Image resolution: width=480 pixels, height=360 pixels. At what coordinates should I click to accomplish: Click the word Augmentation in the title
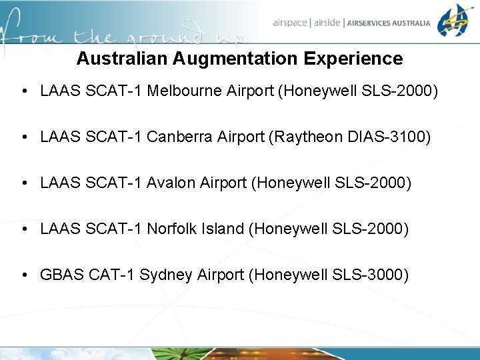click(x=236, y=59)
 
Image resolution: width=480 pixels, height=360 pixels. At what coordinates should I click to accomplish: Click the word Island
click(x=223, y=229)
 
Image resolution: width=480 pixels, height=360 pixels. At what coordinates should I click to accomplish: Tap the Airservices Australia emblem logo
click(x=456, y=21)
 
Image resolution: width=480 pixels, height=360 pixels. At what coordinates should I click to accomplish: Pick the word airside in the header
click(x=327, y=23)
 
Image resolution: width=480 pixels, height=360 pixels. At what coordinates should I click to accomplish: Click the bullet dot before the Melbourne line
click(x=24, y=91)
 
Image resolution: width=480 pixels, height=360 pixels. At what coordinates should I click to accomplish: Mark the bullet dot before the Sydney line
click(x=24, y=275)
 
